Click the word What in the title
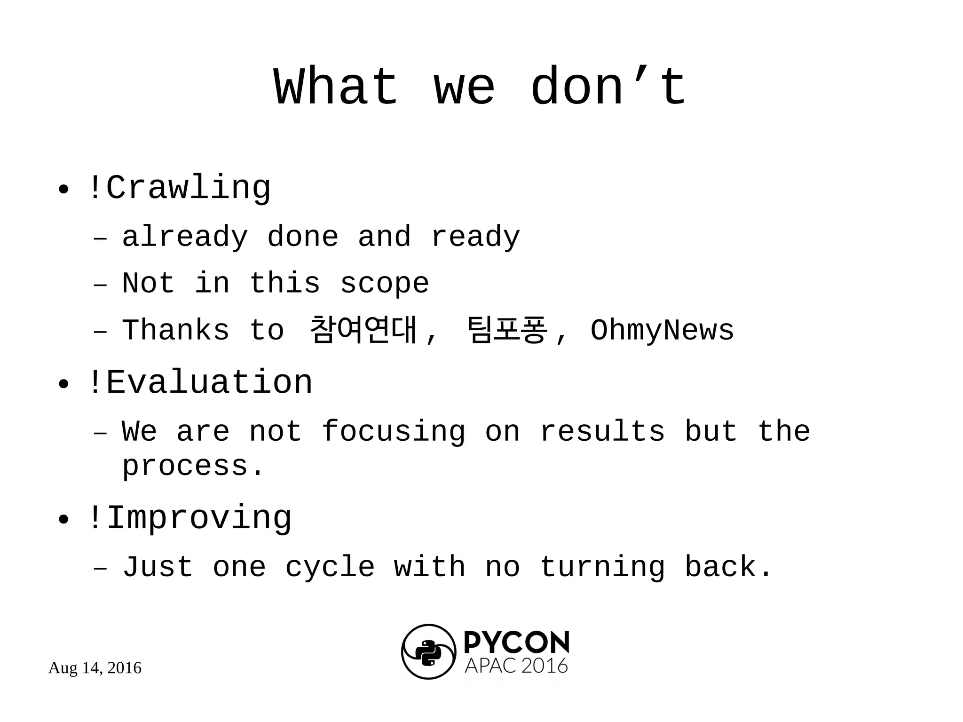tap(336, 87)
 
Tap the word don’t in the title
tap(608, 87)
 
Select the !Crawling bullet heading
tap(179, 188)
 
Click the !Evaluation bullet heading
tap(200, 382)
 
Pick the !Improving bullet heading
tap(189, 518)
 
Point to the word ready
tap(475, 237)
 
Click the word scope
tap(384, 283)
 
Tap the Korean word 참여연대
tap(363, 330)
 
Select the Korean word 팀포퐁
tap(507, 330)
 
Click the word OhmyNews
tap(662, 330)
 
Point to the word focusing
tap(393, 432)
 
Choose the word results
tap(602, 431)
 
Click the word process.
tap(193, 467)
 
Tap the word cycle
tap(330, 567)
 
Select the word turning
tap(602, 567)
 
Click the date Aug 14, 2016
tap(95, 668)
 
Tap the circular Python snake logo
tap(428, 652)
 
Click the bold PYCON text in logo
tap(516, 643)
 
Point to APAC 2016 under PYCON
tap(516, 666)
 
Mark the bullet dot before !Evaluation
tap(63, 384)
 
